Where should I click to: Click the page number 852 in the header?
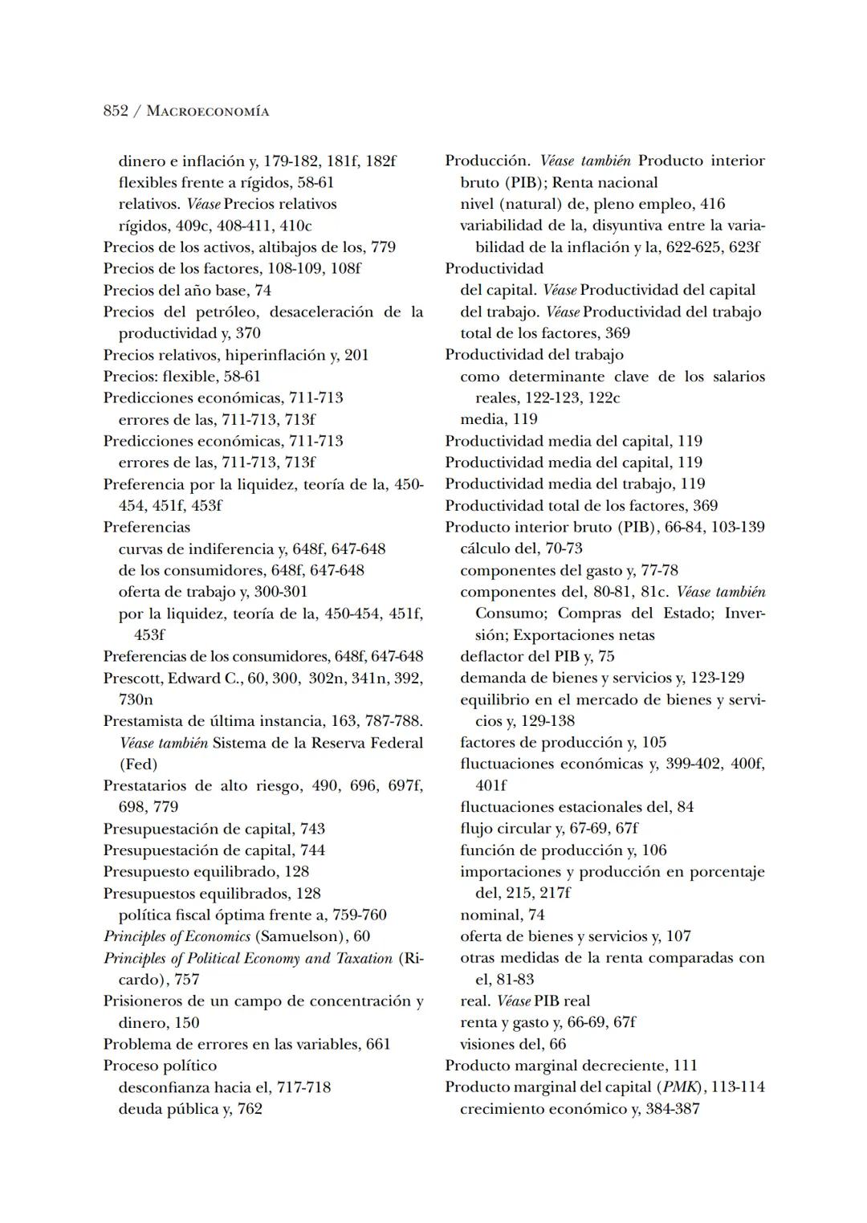pyautogui.click(x=116, y=111)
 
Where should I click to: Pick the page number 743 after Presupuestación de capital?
pyautogui.click(x=312, y=828)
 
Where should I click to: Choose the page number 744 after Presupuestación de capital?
pyautogui.click(x=312, y=850)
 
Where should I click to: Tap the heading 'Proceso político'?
pyautogui.click(x=160, y=1066)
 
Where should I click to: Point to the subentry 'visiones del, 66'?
pyautogui.click(x=513, y=1044)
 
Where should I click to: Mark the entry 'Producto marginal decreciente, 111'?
pyautogui.click(x=571, y=1065)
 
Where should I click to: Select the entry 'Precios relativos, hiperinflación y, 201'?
pyautogui.click(x=236, y=354)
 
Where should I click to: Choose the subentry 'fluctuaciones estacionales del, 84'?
pyautogui.click(x=576, y=806)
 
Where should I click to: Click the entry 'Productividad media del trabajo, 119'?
pyautogui.click(x=575, y=483)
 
